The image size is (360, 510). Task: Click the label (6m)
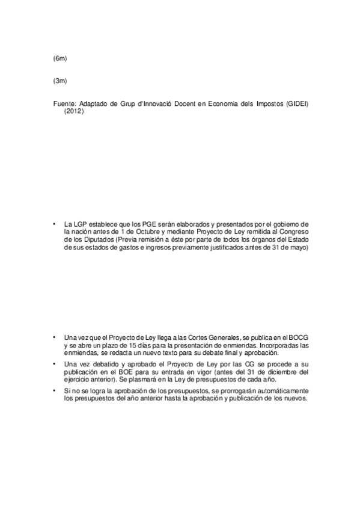pyautogui.click(x=59, y=58)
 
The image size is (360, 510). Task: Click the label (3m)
pyautogui.click(x=59, y=81)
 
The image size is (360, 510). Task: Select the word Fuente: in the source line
pyautogui.click(x=64, y=104)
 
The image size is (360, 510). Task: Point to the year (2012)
pyautogui.click(x=74, y=111)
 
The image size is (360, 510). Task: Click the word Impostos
pyautogui.click(x=264, y=104)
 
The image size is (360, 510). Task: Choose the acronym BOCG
pyautogui.click(x=299, y=337)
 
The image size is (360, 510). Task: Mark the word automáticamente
pyautogui.click(x=282, y=392)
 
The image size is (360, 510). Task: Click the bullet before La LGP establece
pyautogui.click(x=54, y=223)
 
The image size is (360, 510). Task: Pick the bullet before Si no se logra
pyautogui.click(x=54, y=392)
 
